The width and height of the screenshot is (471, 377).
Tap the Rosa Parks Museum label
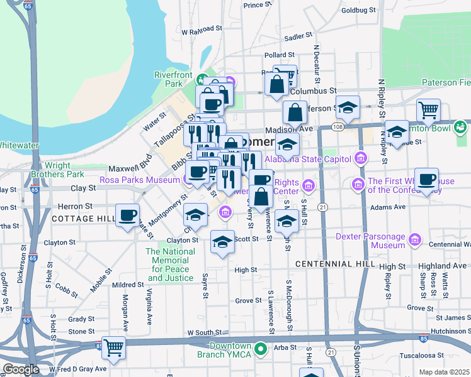[x=140, y=180]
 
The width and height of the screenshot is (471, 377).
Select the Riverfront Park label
[x=173, y=79]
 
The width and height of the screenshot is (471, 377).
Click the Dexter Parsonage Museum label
[x=370, y=241]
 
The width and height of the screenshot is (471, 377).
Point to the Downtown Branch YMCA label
[x=230, y=351]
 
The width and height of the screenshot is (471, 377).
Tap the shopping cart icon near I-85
[x=114, y=347]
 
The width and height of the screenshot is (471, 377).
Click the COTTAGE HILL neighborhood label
[x=84, y=218]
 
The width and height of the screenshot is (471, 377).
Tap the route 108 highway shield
[x=338, y=128]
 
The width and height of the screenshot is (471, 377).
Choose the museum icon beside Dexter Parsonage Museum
[x=415, y=241]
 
